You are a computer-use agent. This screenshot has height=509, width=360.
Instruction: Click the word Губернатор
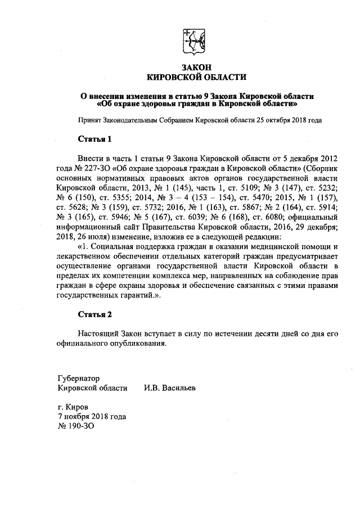point(78,378)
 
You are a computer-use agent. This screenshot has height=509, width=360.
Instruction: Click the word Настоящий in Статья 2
point(99,334)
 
